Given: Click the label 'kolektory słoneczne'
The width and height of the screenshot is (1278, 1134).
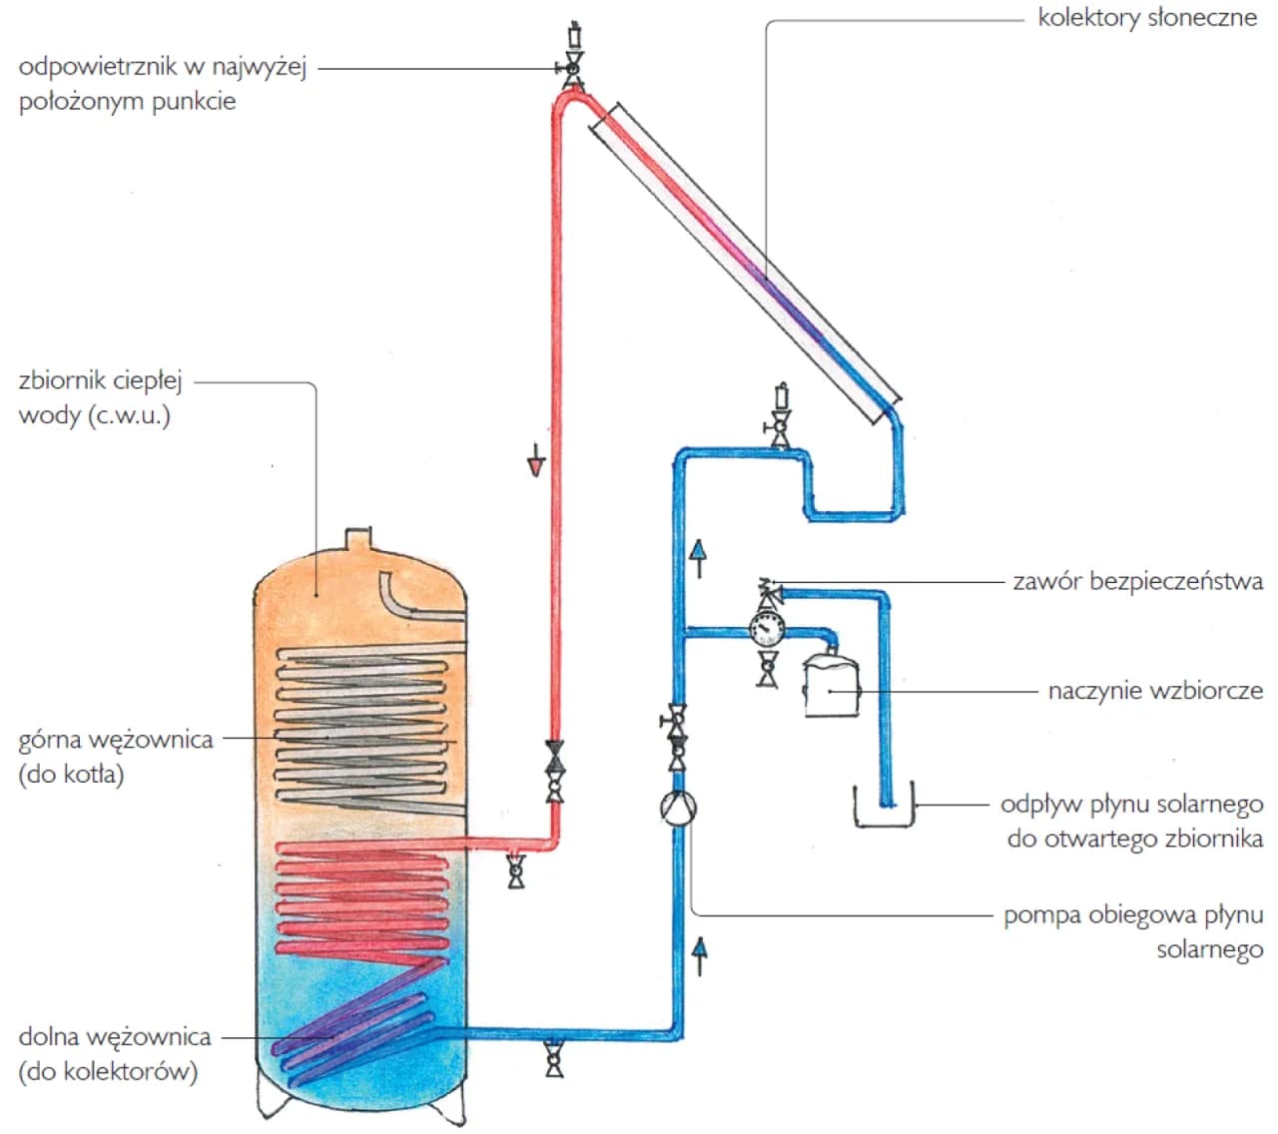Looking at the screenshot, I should pos(1147,18).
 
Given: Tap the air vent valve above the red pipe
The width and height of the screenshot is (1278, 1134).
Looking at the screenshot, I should pos(573,66).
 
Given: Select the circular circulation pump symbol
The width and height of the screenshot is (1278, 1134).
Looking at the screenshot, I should pos(678,807).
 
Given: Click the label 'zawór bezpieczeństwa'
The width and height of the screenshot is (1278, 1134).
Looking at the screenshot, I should pos(1137,581).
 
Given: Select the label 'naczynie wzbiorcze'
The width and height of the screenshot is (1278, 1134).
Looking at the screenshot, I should pos(1155,691).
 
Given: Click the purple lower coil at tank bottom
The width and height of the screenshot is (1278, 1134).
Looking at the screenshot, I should pos(349,1038).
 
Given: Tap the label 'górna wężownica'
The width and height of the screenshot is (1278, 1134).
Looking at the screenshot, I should pos(116,741).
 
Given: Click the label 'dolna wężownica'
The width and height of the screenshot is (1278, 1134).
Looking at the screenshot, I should pos(115,1037).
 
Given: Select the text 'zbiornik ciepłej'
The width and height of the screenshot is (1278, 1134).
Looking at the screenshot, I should pos(100,380).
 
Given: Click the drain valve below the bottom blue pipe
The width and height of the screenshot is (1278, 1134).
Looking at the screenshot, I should pos(554,1059).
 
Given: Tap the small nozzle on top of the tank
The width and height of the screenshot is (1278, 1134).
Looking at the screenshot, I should pos(358,540).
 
